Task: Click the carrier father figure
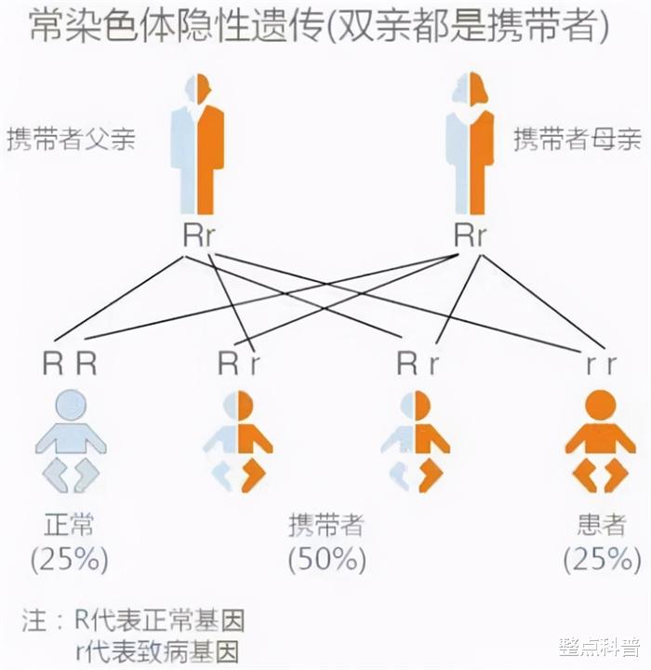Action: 197,144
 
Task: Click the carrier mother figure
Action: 470,144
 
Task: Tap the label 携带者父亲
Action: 71,139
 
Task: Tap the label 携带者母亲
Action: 578,139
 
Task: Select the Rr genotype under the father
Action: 198,235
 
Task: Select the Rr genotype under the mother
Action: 470,235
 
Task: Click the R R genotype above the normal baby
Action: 70,364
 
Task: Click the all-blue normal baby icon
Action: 71,441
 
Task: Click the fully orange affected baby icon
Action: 601,441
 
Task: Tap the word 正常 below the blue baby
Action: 69,524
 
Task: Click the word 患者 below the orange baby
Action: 602,524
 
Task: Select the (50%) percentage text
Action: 326,559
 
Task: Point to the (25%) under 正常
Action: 69,559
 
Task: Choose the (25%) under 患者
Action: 603,559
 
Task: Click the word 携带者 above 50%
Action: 326,524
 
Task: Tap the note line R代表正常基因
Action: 160,620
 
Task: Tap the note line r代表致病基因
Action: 157,652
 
